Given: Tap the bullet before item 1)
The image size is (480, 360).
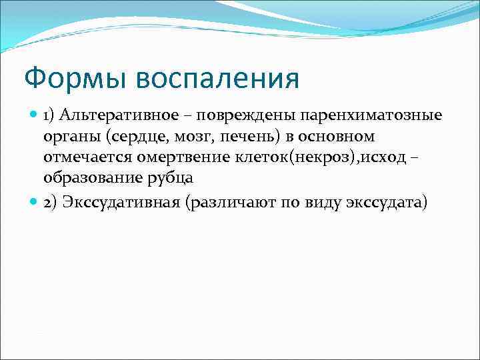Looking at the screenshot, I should coord(35,115).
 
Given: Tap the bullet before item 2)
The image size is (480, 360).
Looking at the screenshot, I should coord(35,203).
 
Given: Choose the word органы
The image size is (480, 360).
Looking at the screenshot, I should coord(68,137).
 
